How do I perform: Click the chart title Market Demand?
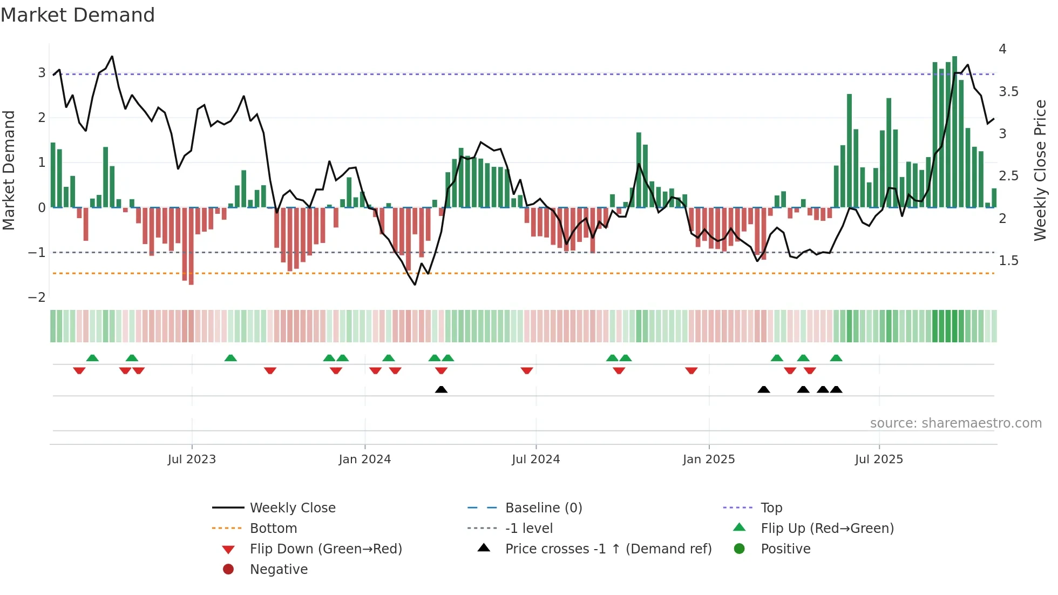pyautogui.click(x=78, y=15)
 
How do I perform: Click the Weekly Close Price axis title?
pyautogui.click(x=1040, y=170)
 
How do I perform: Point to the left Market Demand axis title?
pyautogui.click(x=9, y=170)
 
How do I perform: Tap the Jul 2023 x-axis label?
pyautogui.click(x=192, y=459)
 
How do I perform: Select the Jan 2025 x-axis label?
pyautogui.click(x=708, y=459)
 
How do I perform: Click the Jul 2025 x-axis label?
pyautogui.click(x=879, y=459)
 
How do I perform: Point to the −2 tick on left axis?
pyautogui.click(x=37, y=297)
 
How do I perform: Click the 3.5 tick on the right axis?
pyautogui.click(x=1008, y=92)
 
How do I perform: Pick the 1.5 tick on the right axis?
pyautogui.click(x=1008, y=261)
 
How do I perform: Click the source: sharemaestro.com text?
pyautogui.click(x=955, y=423)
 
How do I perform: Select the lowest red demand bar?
pyautogui.click(x=191, y=246)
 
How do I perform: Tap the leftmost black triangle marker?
pyautogui.click(x=441, y=389)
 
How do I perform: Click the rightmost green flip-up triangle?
pyautogui.click(x=836, y=358)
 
